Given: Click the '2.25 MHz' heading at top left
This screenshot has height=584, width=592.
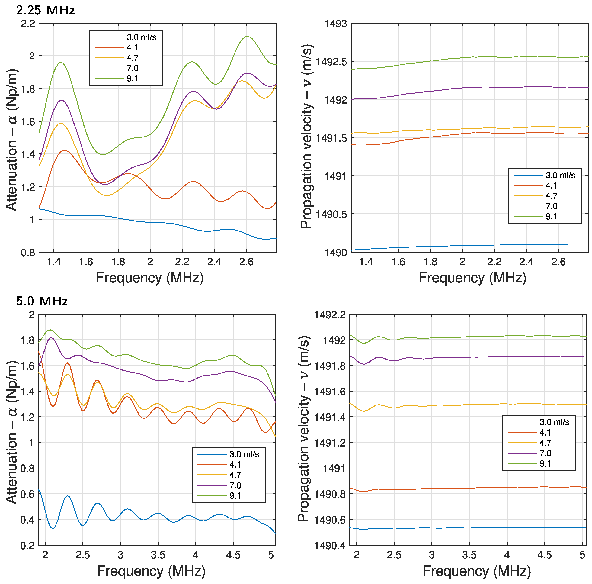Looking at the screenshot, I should (45, 10).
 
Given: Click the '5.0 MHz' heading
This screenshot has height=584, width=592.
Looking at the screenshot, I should (42, 301).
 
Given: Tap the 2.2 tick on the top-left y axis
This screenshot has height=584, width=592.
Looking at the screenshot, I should (28, 24).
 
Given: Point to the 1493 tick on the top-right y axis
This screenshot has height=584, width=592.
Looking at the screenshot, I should (336, 24).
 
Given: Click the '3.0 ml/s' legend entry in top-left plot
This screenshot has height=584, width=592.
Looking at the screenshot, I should (141, 37).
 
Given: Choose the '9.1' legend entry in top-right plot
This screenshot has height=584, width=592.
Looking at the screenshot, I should (551, 216).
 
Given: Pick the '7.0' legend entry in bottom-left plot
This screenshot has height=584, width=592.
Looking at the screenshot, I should (235, 485).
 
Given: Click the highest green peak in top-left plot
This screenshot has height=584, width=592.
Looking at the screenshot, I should (247, 37).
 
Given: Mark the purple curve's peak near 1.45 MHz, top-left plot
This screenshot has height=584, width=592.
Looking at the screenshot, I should (62, 100).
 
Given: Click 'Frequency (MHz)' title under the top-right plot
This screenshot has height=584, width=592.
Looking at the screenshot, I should (472, 278).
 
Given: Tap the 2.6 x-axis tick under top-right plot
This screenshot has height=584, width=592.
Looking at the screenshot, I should (558, 262).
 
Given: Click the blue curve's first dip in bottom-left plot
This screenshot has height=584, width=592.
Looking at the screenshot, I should (53, 529).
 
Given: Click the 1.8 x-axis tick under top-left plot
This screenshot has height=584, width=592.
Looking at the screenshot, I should (118, 262).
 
